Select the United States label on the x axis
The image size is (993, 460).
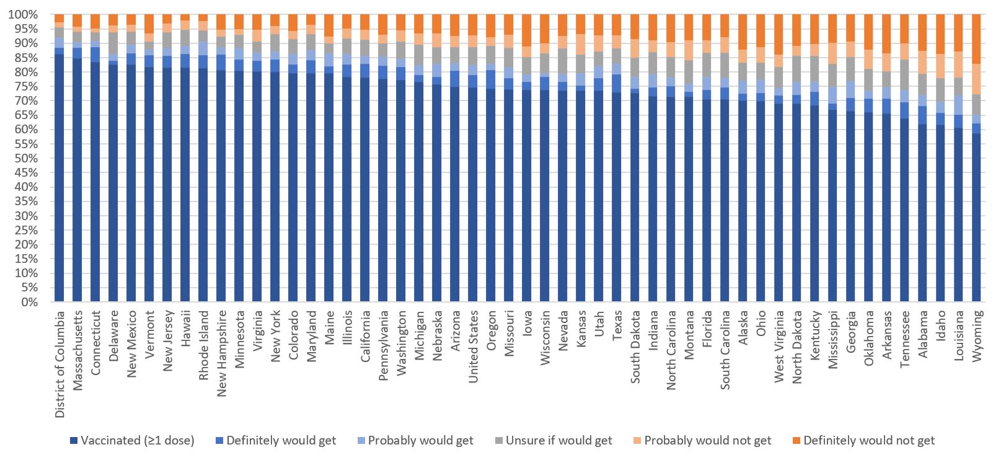click(473, 347)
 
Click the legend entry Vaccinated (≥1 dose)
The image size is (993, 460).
click(136, 441)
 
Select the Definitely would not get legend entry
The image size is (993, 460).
click(868, 441)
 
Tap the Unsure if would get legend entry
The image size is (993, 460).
click(558, 441)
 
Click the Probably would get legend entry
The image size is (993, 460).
click(420, 441)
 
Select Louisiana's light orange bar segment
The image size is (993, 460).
click(958, 64)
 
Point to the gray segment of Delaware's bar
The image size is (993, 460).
click(113, 43)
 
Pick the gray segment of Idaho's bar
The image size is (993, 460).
click(940, 90)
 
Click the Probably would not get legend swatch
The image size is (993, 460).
click(638, 441)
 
